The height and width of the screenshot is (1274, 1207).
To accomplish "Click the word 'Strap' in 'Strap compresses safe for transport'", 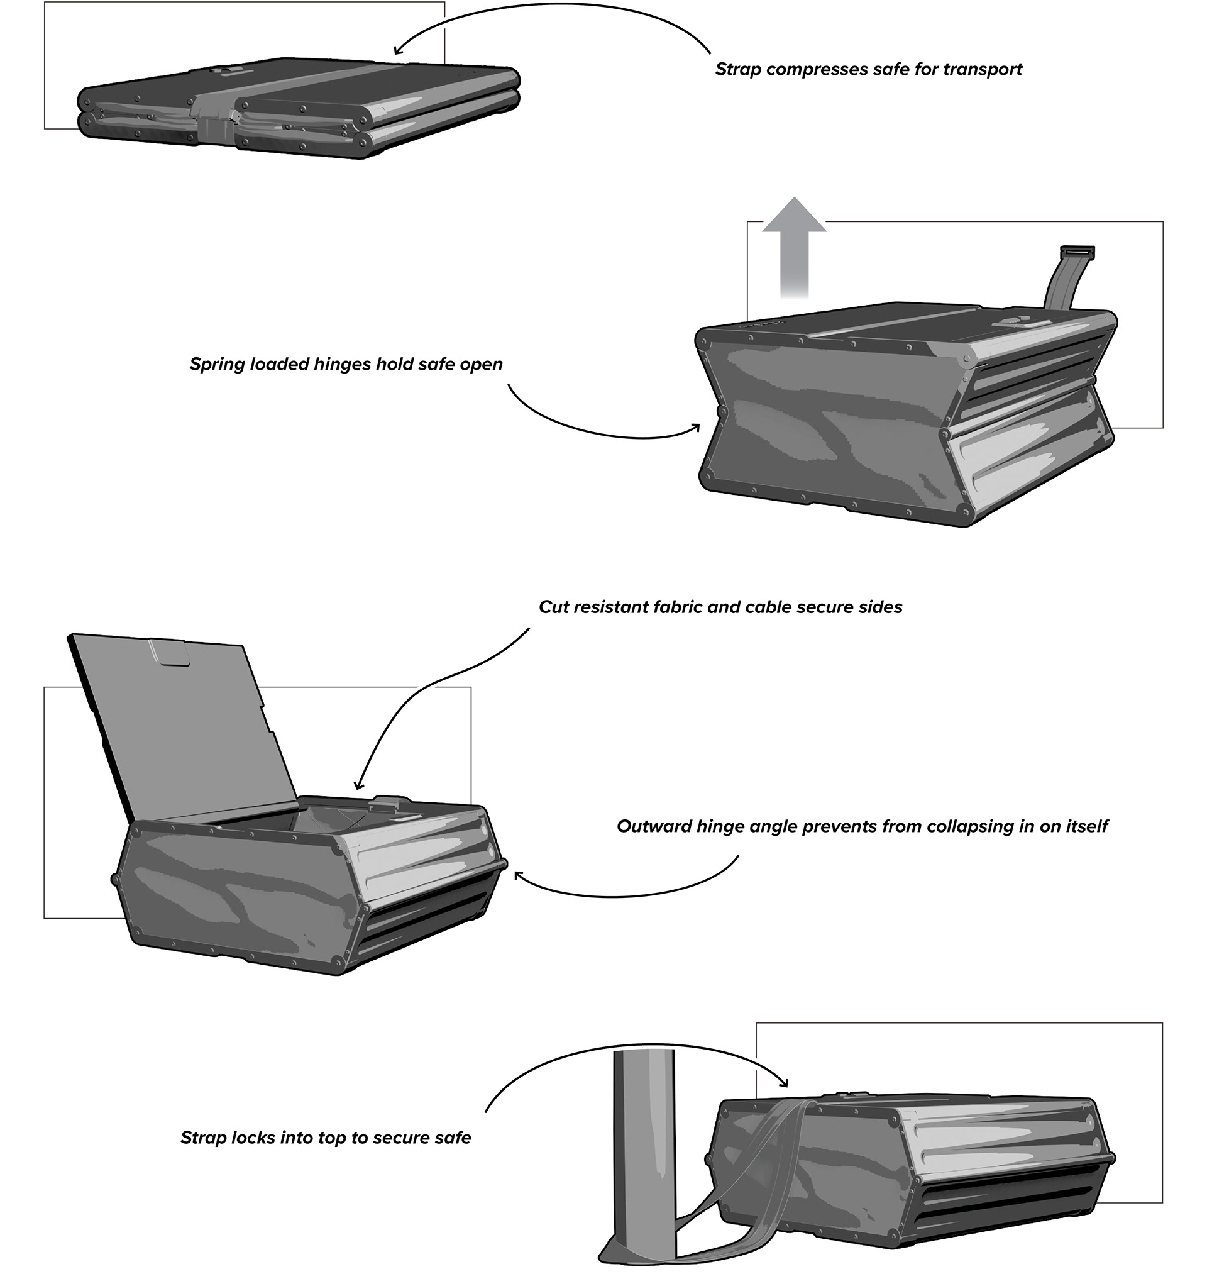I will click(738, 70).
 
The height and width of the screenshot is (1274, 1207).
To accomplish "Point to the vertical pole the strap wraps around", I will click(643, 1152).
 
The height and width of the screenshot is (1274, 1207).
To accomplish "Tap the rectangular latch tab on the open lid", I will click(169, 653).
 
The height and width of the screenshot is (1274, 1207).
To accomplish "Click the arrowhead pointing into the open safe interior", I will click(358, 785).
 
